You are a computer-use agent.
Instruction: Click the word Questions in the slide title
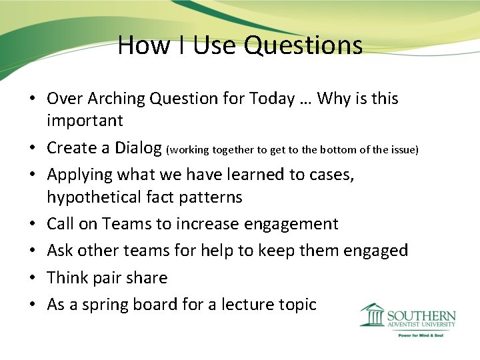click(303, 45)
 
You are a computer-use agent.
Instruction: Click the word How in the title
click(137, 45)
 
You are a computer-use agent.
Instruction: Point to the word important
click(85, 121)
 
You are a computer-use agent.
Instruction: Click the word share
click(146, 277)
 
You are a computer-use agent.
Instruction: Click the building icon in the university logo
click(373, 315)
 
